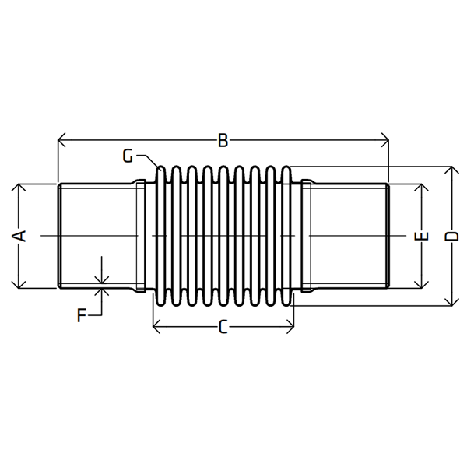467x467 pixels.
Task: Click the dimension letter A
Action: [x=19, y=236]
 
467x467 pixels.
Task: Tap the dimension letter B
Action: [x=223, y=141]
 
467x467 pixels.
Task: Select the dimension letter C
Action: [x=223, y=326]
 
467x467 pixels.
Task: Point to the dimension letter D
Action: [x=451, y=236]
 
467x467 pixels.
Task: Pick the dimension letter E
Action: [x=421, y=236]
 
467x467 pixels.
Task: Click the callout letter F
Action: [x=81, y=315]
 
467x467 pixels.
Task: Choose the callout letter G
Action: [x=128, y=156]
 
